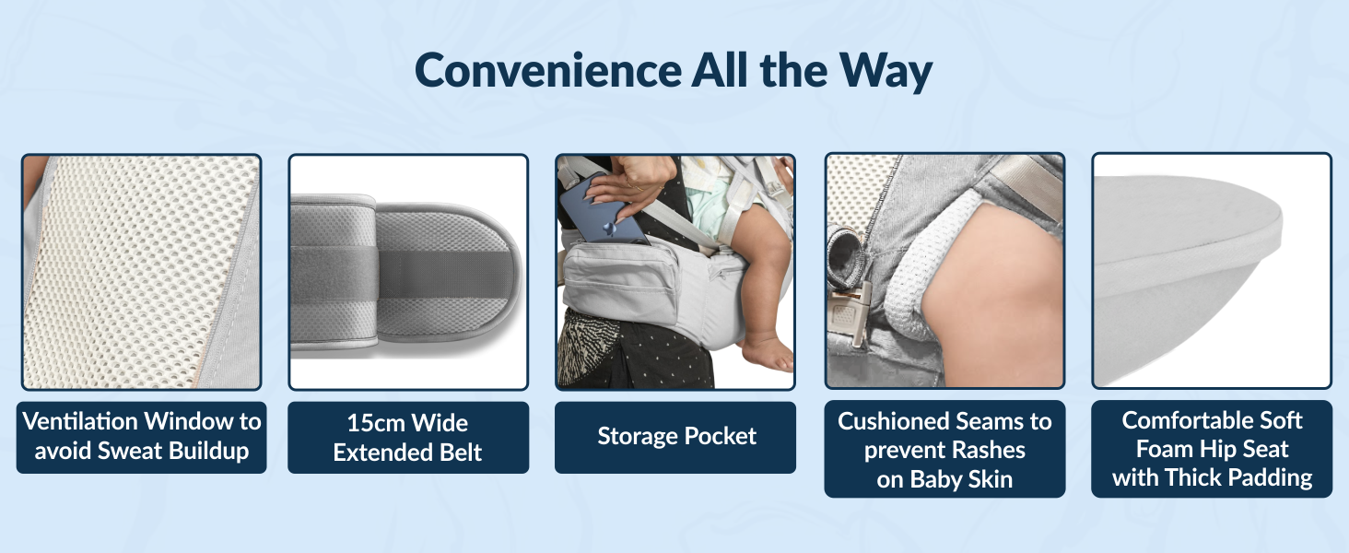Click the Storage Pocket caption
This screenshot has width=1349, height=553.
tap(676, 437)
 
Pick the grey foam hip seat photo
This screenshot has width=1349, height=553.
tap(1211, 272)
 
